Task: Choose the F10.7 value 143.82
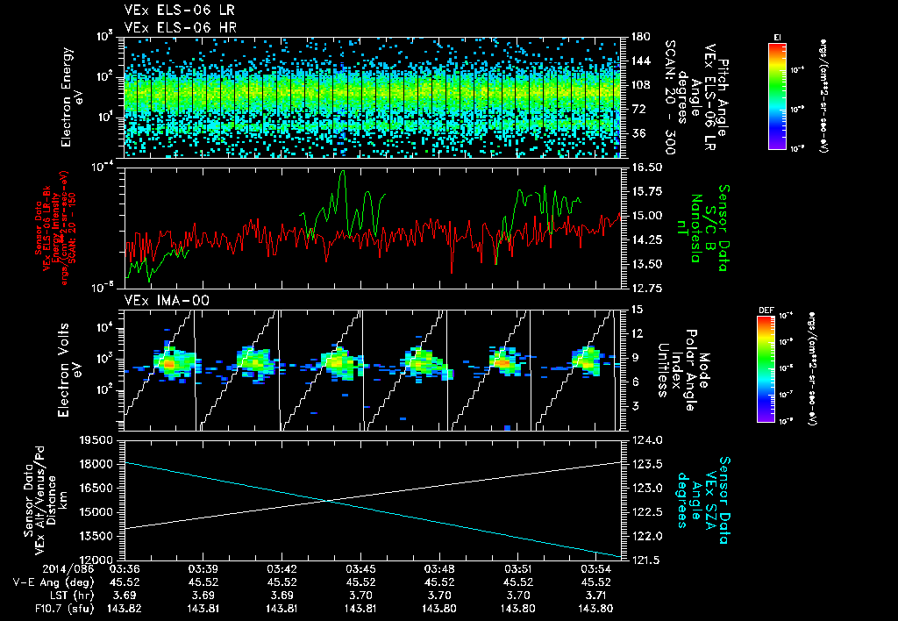tap(125, 607)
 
